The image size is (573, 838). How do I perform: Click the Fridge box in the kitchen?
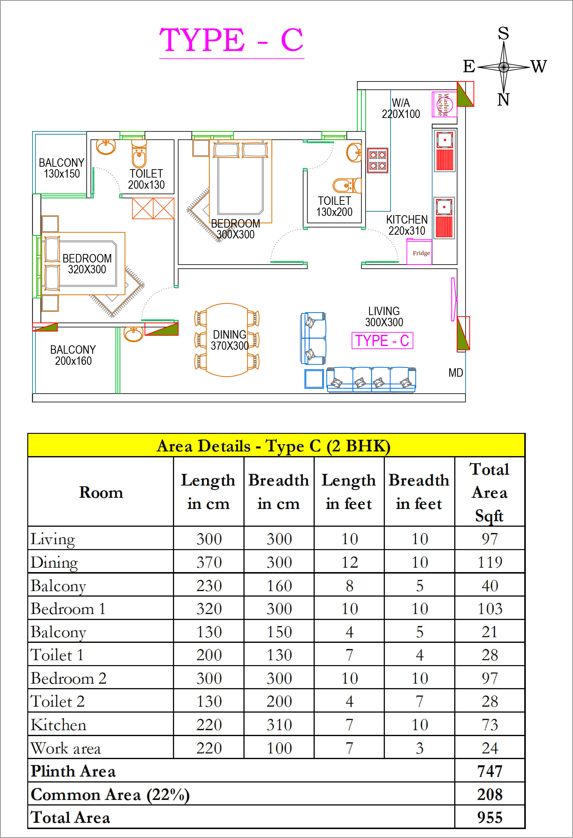click(x=419, y=252)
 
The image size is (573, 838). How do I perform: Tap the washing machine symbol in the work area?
click(x=444, y=105)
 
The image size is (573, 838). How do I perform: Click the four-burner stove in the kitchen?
click(x=378, y=161)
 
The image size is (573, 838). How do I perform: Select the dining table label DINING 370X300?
click(x=229, y=340)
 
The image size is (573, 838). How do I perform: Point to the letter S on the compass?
click(x=503, y=33)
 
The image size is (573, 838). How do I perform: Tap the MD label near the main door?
click(x=455, y=373)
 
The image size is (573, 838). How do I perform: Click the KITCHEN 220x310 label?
click(x=407, y=225)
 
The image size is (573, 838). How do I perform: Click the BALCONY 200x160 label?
click(x=73, y=355)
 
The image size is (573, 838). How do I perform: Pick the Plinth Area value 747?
click(x=490, y=771)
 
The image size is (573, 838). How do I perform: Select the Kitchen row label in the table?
click(x=58, y=725)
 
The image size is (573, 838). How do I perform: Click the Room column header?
click(x=101, y=492)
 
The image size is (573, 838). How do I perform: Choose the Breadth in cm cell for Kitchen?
click(x=279, y=725)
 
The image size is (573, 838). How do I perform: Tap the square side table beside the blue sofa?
click(x=314, y=379)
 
